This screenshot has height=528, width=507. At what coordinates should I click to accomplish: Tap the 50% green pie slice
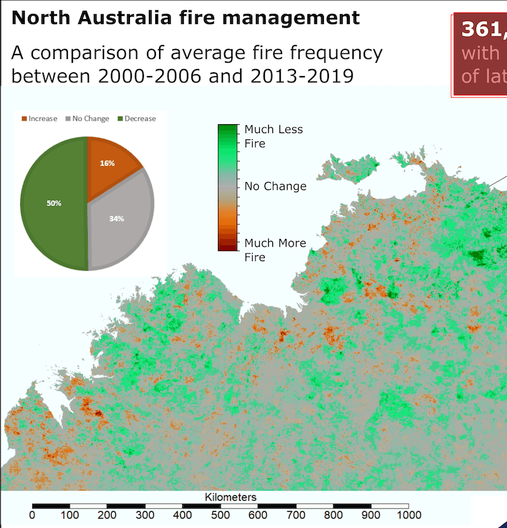tap(53, 203)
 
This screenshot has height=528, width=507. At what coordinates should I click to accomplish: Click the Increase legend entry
tap(39, 119)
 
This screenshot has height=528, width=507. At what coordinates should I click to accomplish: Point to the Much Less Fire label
tap(273, 136)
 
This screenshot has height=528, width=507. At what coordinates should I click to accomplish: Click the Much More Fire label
tap(274, 250)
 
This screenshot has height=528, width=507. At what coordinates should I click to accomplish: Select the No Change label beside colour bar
tap(275, 186)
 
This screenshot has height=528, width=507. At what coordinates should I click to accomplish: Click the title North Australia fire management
tap(185, 17)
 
